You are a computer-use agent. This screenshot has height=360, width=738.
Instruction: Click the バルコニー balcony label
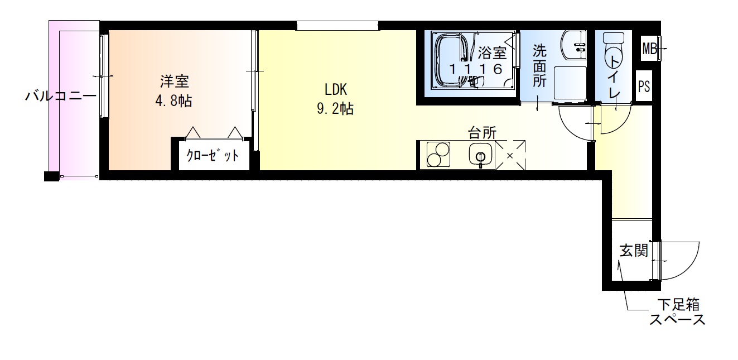coord(60,96)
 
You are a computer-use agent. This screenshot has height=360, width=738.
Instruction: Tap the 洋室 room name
coord(175,82)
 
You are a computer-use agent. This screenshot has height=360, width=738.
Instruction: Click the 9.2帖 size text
coord(335,108)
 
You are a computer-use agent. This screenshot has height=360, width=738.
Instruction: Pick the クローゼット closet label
coord(213,156)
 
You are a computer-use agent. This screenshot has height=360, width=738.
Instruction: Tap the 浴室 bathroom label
coord(492,53)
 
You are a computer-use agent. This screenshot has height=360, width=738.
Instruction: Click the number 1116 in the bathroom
coord(477,69)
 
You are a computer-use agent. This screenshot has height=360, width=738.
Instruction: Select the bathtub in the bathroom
coord(452,60)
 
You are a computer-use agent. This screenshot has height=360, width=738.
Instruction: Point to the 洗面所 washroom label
coord(539,66)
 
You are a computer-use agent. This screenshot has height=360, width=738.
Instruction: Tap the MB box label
coord(649,49)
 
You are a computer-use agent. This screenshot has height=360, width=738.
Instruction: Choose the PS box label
coord(644,87)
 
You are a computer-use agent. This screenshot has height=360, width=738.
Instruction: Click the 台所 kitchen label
coord(482,133)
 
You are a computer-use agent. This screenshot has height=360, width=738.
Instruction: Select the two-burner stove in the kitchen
coord(438,155)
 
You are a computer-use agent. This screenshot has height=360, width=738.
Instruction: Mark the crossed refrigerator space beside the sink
coord(510,155)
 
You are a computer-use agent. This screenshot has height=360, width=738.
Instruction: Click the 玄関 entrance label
coord(634,251)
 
